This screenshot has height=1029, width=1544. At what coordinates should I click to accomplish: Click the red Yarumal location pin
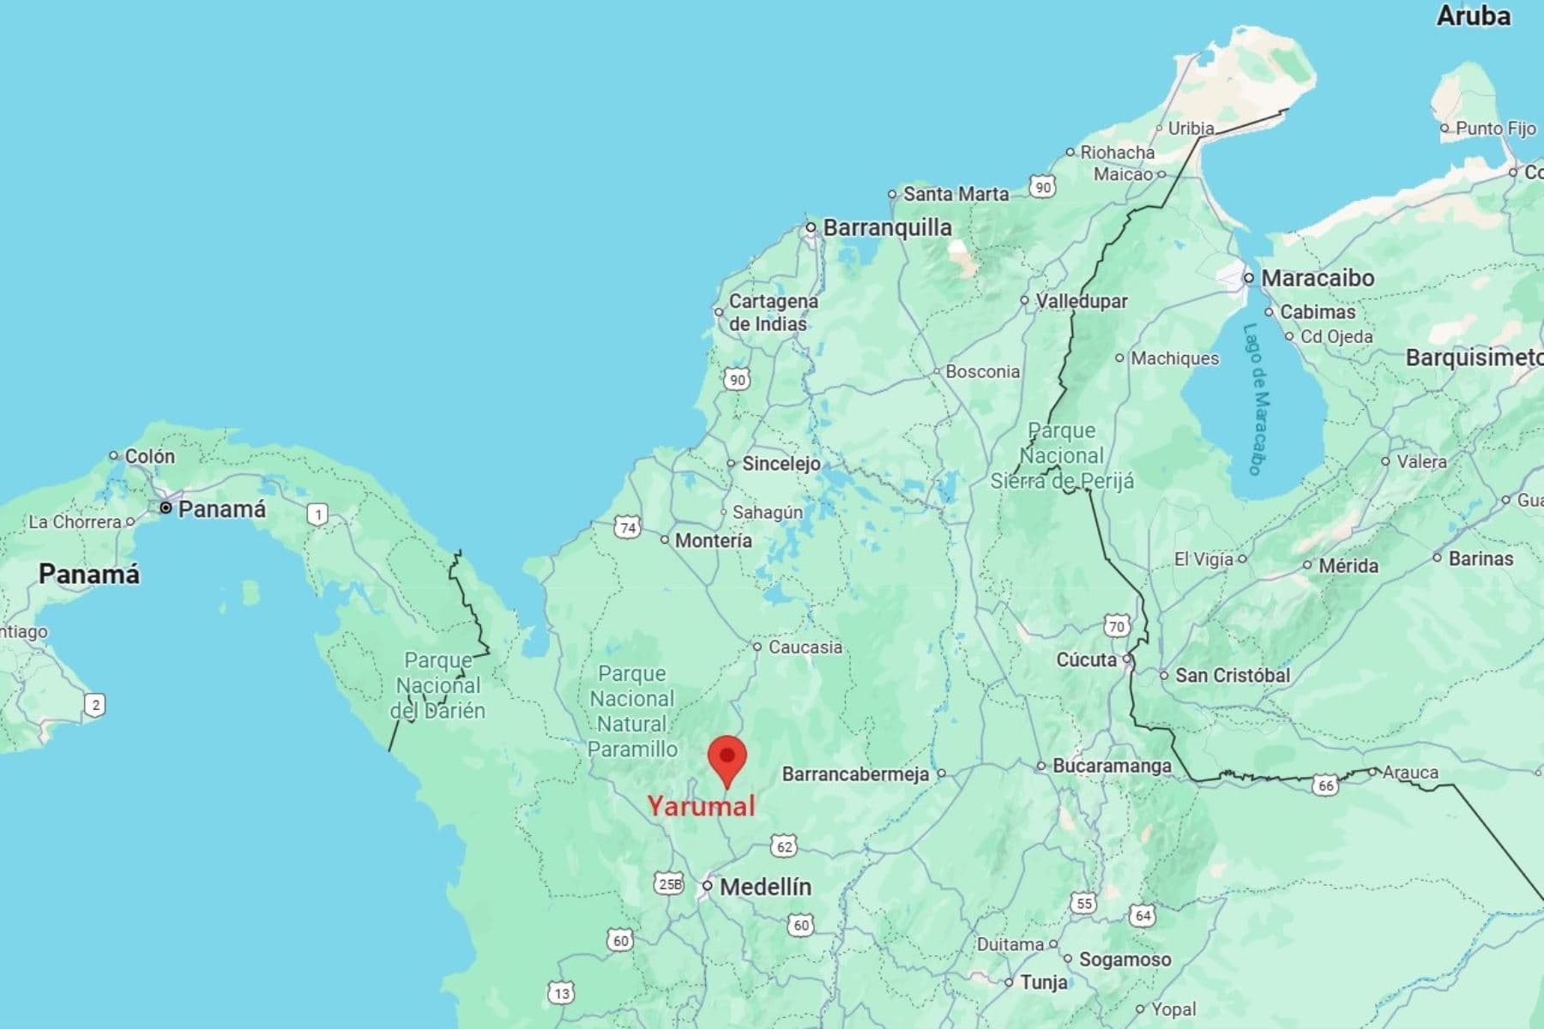[727, 759]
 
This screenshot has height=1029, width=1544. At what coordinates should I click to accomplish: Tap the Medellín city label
[765, 887]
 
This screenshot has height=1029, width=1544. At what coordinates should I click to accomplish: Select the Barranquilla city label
[887, 227]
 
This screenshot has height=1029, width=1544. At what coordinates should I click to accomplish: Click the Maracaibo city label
[1318, 278]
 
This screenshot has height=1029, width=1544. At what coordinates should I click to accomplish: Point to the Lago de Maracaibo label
[1258, 400]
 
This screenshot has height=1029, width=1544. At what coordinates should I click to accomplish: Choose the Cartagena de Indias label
[772, 312]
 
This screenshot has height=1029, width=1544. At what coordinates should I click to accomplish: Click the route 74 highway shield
[628, 527]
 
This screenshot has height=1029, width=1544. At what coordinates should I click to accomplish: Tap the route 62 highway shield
[783, 847]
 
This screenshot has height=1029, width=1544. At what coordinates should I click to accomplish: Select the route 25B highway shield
[669, 884]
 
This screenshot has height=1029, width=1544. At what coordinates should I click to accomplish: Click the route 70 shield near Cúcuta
[1116, 626]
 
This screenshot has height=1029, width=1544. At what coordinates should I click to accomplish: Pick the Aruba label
[1473, 15]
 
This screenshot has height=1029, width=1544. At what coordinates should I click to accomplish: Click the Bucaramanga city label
[1112, 766]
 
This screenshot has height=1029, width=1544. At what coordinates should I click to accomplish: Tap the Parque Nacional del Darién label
[438, 685]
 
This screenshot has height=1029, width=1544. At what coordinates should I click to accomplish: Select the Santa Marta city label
[956, 195]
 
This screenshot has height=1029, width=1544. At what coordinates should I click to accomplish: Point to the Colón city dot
[113, 455]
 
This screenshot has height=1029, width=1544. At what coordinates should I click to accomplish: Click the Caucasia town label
[805, 647]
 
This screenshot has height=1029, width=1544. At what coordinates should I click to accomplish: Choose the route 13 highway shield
[561, 993]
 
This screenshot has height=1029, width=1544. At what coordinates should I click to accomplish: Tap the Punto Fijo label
[1495, 128]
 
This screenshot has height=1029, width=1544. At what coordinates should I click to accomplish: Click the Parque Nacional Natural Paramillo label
[632, 711]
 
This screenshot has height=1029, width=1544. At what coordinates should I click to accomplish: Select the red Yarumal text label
[701, 806]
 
